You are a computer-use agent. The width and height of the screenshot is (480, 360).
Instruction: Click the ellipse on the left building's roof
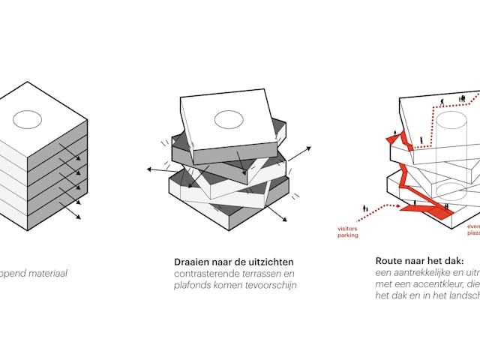point(28,118)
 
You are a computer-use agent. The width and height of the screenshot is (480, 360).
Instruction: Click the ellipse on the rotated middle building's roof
point(229,118)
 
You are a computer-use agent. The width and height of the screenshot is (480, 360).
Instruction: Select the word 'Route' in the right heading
point(390,261)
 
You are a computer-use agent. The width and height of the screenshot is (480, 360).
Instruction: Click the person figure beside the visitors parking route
point(365,209)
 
